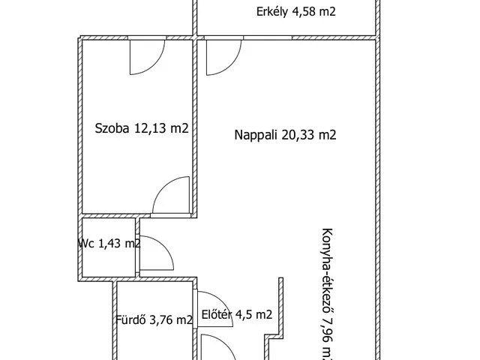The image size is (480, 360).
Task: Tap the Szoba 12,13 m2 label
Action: tap(141, 128)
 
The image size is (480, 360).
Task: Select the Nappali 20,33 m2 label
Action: tap(285, 135)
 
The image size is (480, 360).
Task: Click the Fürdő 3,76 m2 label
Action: tap(154, 319)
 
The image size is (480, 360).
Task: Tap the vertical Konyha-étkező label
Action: tap(327, 292)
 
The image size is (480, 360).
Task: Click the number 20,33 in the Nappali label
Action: tap(299, 135)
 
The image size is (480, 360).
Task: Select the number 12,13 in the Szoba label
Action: tap(151, 128)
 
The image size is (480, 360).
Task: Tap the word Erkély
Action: tap(272, 11)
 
